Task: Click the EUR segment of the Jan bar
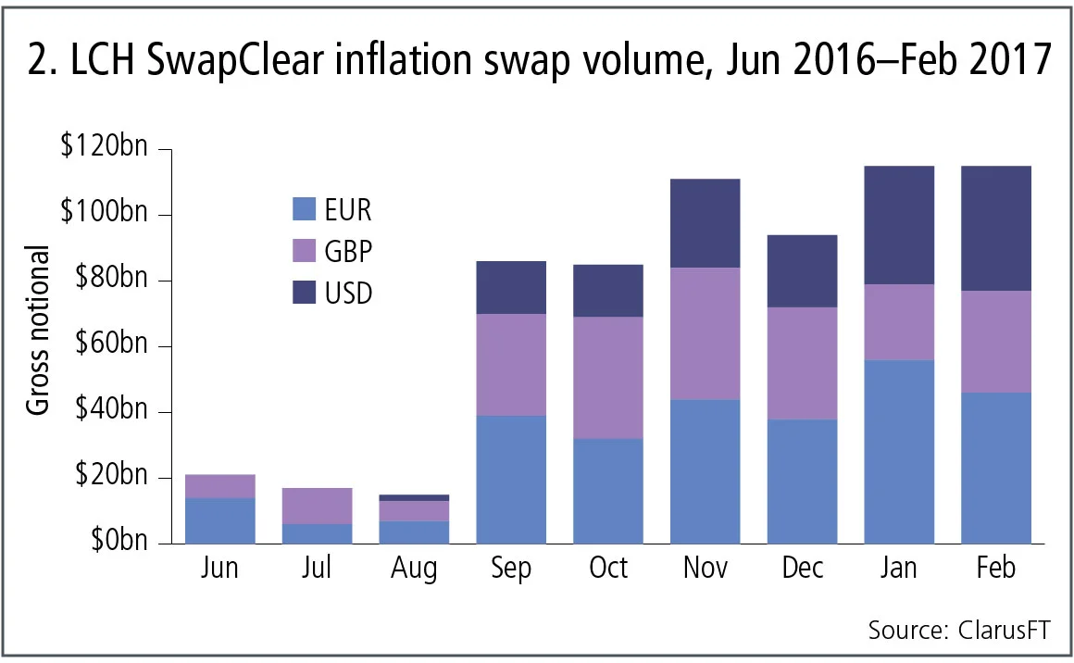point(899,452)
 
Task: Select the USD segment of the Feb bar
point(996,229)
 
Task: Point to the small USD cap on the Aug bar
point(414,498)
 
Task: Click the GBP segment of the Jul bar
point(317,506)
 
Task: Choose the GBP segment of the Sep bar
point(511,365)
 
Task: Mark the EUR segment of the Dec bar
point(803,482)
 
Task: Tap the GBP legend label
point(350,252)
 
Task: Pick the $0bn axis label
point(116,543)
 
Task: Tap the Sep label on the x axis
point(511,568)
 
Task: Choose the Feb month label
point(996,568)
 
